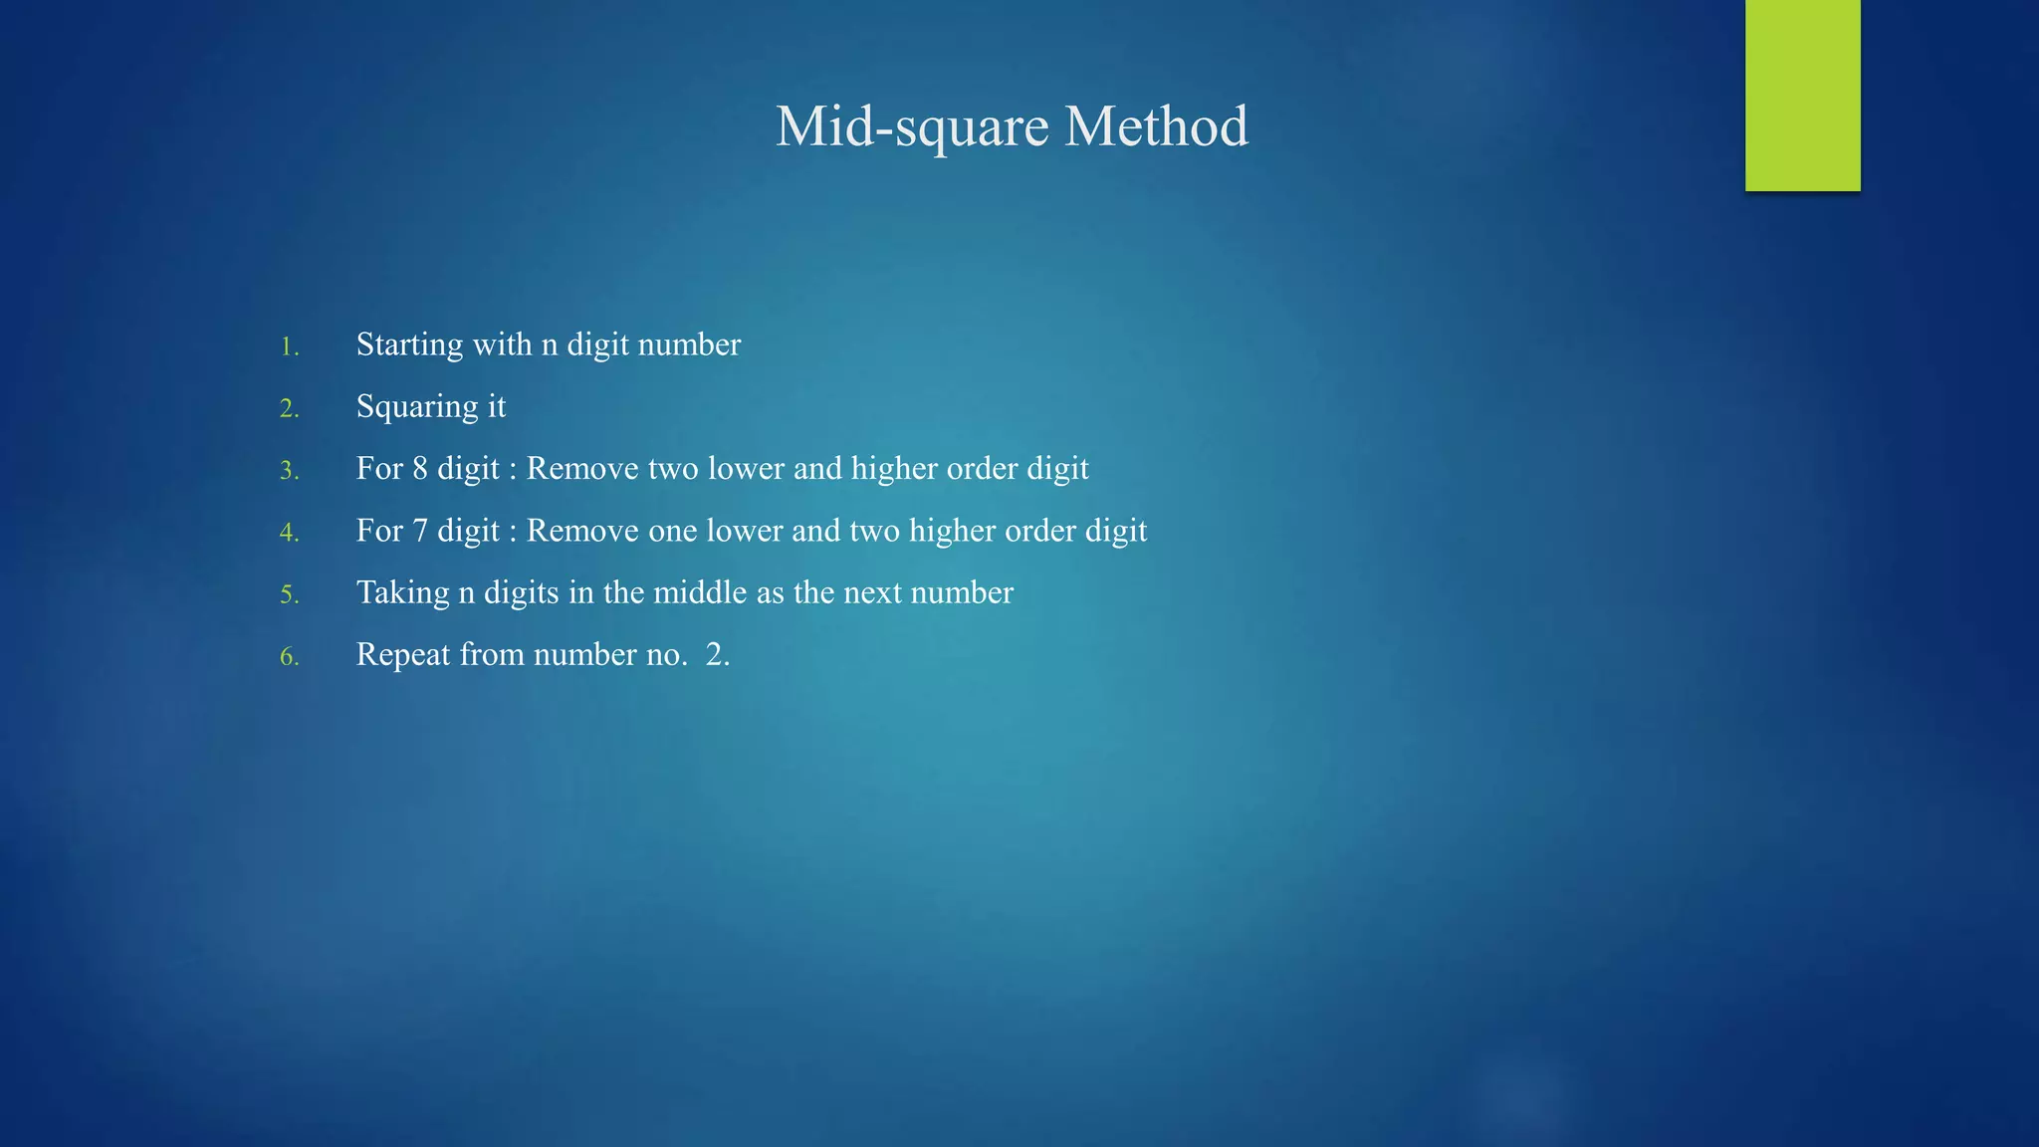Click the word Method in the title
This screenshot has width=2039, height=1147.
pyautogui.click(x=1156, y=126)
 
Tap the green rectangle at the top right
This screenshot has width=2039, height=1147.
pyautogui.click(x=1802, y=95)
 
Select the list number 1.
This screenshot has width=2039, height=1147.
pyautogui.click(x=289, y=346)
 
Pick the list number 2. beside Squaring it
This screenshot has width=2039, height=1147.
pyautogui.click(x=289, y=408)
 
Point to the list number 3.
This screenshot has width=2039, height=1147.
pyautogui.click(x=289, y=470)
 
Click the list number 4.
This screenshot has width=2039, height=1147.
pyautogui.click(x=289, y=533)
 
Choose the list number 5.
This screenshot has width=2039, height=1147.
pyautogui.click(x=289, y=594)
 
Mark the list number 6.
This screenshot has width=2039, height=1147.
pyautogui.click(x=289, y=656)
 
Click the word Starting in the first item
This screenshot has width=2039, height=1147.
pyautogui.click(x=409, y=345)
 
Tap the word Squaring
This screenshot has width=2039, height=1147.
pyautogui.click(x=417, y=407)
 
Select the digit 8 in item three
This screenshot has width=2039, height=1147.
pyautogui.click(x=420, y=468)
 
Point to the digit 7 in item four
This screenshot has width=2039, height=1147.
pyautogui.click(x=420, y=531)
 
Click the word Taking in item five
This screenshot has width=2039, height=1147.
pyautogui.click(x=402, y=593)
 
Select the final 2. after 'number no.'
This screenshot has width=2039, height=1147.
pyautogui.click(x=718, y=654)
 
